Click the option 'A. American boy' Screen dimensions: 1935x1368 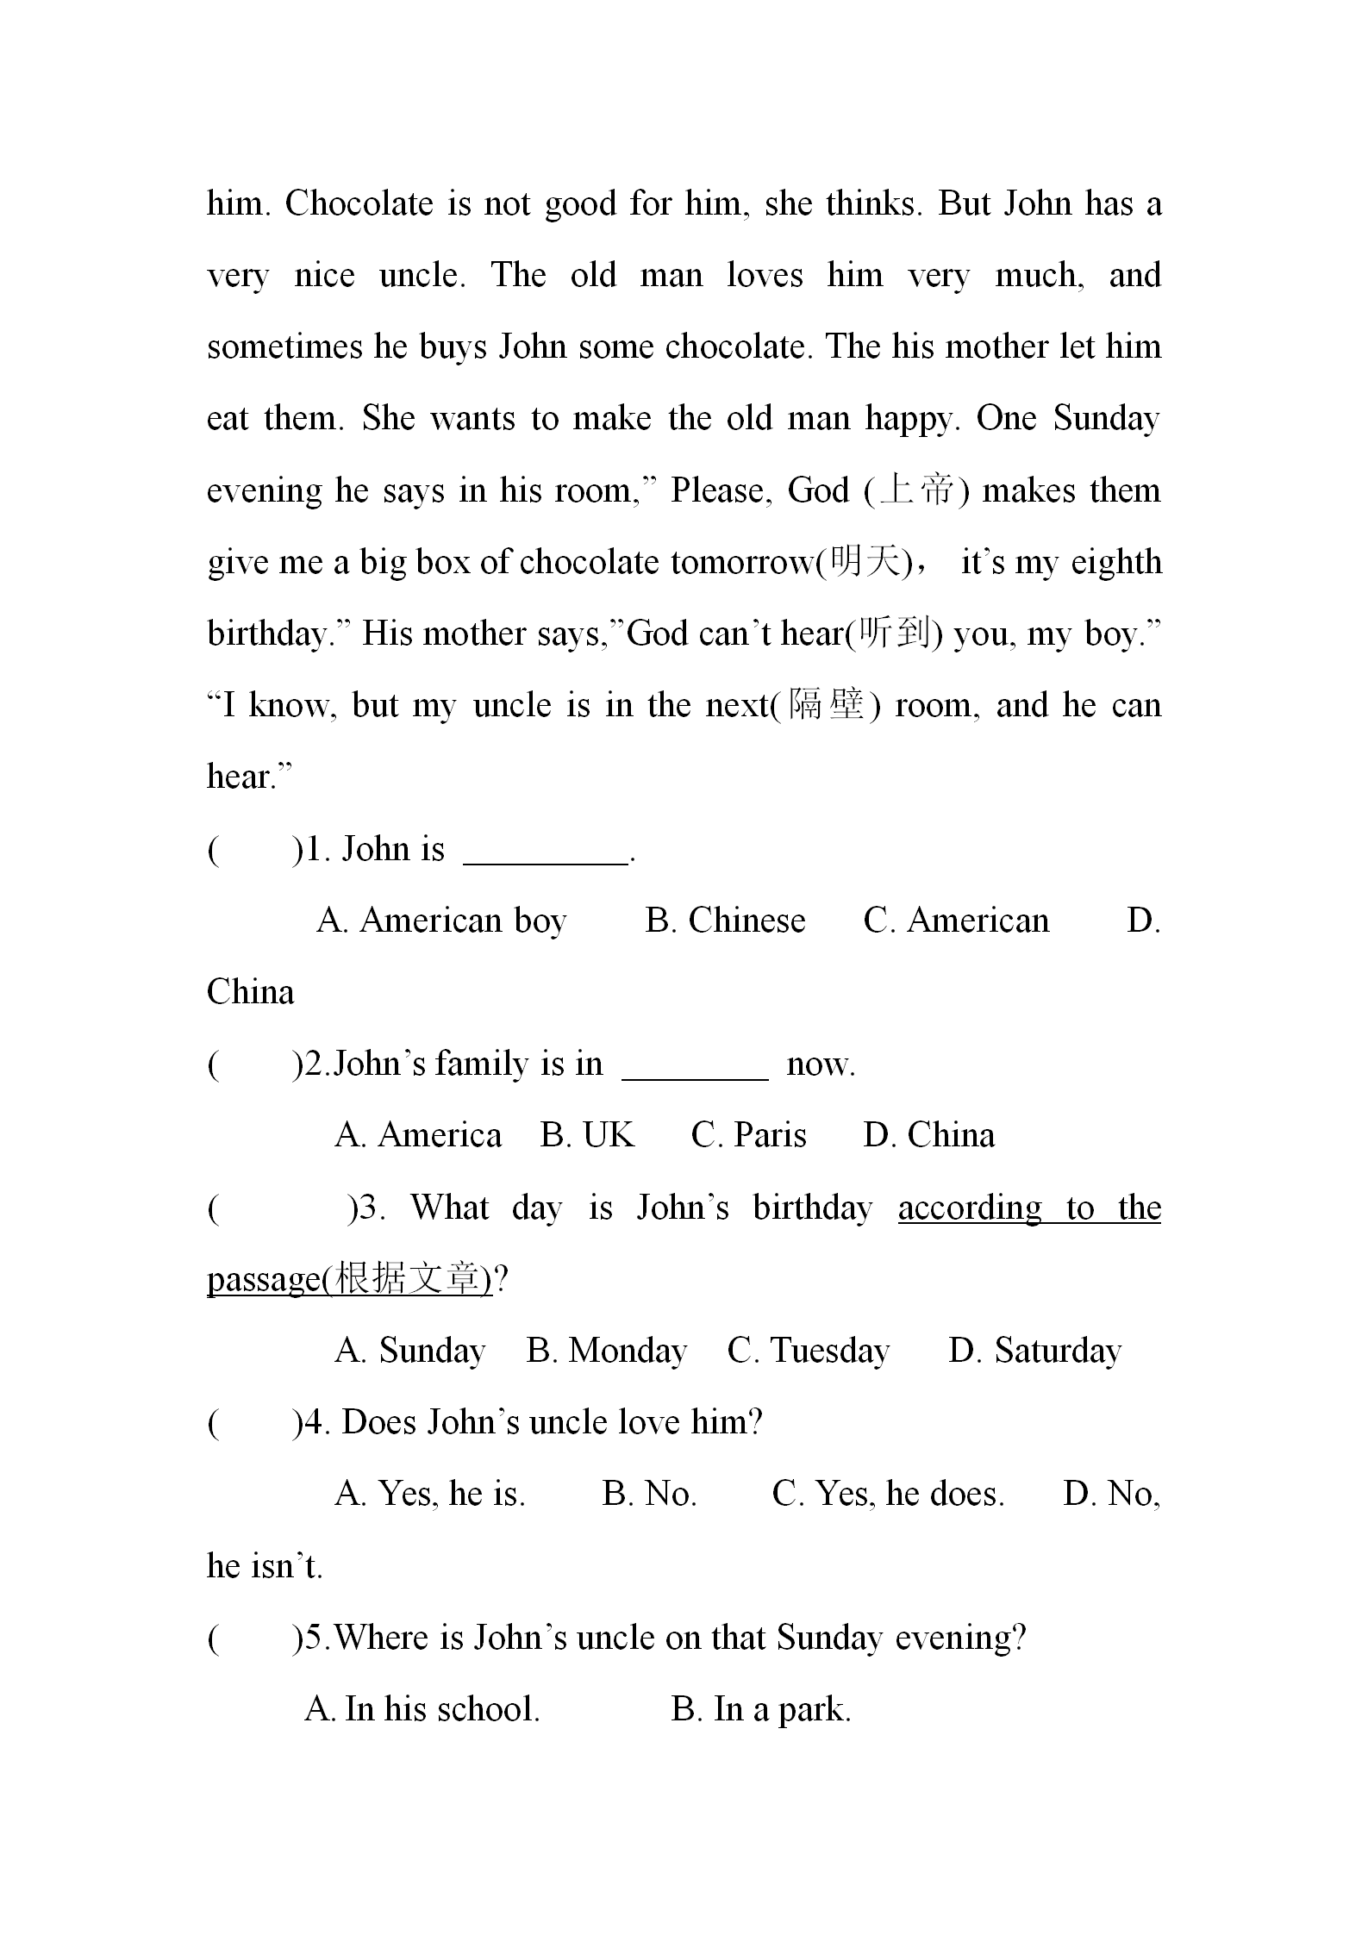(x=441, y=921)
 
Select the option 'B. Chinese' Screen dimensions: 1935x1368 (x=725, y=921)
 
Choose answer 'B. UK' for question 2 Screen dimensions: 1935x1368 (x=587, y=1136)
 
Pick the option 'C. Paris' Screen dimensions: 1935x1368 (x=748, y=1136)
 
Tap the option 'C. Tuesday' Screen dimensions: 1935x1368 (x=808, y=1351)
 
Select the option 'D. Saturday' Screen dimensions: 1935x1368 (x=1034, y=1351)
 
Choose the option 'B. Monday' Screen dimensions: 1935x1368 (x=606, y=1351)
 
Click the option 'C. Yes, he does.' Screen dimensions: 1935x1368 (x=888, y=1494)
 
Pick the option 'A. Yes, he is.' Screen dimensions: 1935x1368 (x=429, y=1494)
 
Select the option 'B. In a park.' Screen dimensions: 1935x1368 (x=760, y=1708)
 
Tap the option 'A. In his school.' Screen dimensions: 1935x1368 (x=422, y=1708)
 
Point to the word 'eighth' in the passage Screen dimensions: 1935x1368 (x=1116, y=562)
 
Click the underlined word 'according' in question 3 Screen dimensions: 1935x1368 (x=970, y=1208)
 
